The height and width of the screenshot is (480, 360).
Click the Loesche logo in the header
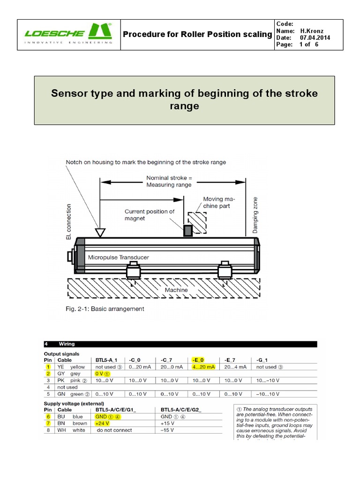(68, 34)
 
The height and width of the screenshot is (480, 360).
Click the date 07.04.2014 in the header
(315, 37)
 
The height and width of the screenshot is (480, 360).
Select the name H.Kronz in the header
(313, 30)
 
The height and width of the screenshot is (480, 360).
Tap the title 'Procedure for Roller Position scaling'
(197, 34)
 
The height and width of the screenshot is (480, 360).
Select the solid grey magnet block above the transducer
(187, 230)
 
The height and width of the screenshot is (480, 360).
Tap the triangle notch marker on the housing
(99, 232)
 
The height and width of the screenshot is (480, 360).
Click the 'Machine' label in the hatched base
(176, 290)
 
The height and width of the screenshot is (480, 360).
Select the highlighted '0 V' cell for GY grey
(102, 374)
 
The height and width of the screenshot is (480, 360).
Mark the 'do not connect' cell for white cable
(114, 430)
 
